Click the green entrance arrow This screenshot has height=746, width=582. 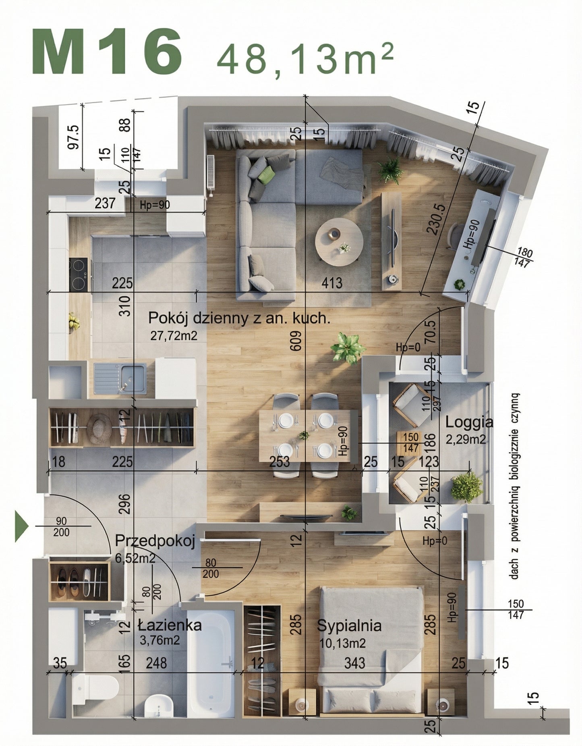click(x=21, y=526)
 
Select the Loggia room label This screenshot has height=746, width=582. click(x=469, y=422)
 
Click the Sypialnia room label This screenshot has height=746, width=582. click(x=349, y=625)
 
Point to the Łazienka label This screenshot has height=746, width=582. click(x=170, y=625)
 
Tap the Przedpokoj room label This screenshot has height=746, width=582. click(x=155, y=541)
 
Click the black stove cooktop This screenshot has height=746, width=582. click(x=78, y=274)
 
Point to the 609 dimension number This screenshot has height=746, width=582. click(x=296, y=341)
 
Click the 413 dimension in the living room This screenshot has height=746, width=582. click(x=331, y=283)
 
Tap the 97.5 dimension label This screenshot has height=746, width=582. click(x=74, y=137)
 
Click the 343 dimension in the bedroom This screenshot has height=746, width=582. click(x=355, y=663)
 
